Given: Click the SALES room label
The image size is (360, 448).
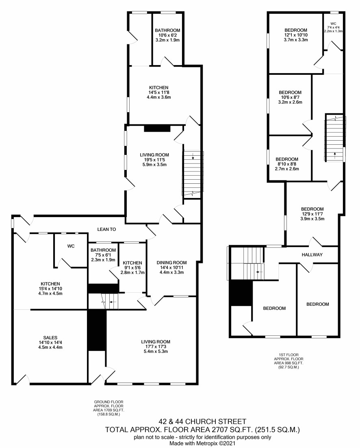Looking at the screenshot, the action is coord(50,337).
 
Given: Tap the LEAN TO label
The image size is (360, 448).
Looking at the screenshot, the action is coord(106,229).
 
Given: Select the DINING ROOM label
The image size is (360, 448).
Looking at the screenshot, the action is coord(171,263).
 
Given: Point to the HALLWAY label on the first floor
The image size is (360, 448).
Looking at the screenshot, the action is coord(312,254).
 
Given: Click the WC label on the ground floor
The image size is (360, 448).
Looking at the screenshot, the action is coord(71,246).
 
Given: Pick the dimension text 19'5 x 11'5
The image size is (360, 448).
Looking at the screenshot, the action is coord(154,160).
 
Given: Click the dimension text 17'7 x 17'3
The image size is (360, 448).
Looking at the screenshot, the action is coord(156,347).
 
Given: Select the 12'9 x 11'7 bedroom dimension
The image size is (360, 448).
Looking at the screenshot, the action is coord(312,214).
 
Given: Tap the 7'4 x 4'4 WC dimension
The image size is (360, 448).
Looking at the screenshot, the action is coord(333,27).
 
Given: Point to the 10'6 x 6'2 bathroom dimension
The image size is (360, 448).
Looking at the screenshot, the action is coord(167,35).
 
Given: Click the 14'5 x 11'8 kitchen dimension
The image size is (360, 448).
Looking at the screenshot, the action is coord(159,92).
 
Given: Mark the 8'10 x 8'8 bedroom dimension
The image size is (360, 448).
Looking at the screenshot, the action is coord(286,164).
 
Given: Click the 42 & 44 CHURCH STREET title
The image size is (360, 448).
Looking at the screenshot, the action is coord(202,422).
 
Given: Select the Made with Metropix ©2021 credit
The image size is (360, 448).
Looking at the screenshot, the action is coord(202,443).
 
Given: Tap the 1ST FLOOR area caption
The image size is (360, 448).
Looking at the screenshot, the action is coord(288,361).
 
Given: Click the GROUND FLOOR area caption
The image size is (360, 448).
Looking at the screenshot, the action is coord(109,408).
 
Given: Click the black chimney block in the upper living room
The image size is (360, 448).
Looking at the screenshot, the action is coord(157,128).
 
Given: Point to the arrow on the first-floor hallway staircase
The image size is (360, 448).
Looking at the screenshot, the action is coord(259,272).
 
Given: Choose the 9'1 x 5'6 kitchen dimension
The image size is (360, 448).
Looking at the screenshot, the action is coord(132,268).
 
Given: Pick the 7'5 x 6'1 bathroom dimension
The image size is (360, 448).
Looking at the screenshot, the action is coord(103,255).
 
